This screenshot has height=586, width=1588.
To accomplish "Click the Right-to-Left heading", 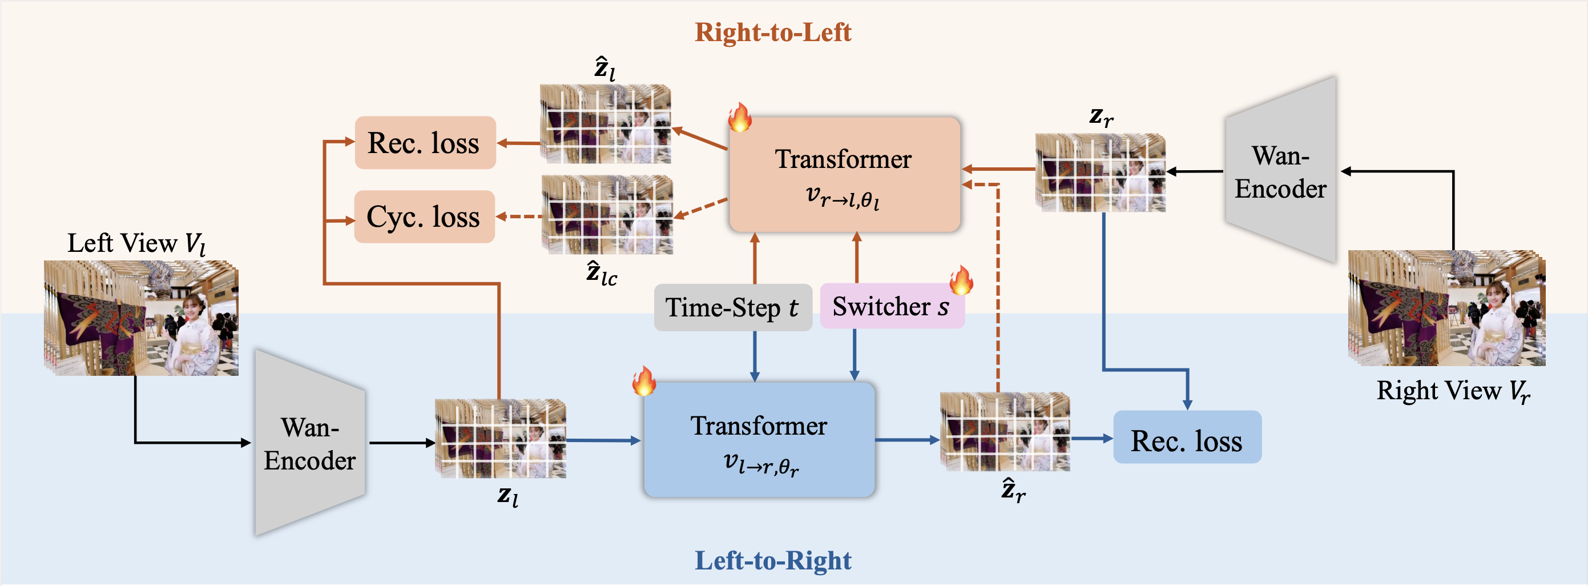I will point(773,32).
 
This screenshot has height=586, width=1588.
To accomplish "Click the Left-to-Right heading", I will point(773,560).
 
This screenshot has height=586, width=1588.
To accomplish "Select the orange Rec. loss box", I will point(425,142).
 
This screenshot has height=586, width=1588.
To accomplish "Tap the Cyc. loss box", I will point(424,216).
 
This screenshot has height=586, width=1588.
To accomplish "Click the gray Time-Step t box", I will point(732,307).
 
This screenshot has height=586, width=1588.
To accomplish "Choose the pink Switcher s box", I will point(892,307).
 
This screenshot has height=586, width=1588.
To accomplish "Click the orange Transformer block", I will point(844,175).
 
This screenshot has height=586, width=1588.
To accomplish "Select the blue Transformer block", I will point(759,440).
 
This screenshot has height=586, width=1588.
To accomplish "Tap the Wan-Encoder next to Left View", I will point(311,443).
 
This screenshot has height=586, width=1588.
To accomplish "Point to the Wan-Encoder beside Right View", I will point(1281,171).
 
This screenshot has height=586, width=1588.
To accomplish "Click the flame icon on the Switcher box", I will point(961,280).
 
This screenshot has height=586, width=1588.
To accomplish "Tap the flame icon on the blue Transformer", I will point(643,380).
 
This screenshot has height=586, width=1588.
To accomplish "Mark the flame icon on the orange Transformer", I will point(739,117).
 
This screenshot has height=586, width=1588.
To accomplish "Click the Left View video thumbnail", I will point(141,318).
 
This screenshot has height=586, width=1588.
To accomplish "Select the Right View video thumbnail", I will point(1446,308).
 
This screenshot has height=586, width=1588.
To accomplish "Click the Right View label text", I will point(1453,391).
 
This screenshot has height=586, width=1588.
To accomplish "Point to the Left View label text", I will point(136,243).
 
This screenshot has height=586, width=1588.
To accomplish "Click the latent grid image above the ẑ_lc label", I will point(607,215).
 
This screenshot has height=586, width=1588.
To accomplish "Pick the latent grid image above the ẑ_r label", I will point(1005,432).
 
